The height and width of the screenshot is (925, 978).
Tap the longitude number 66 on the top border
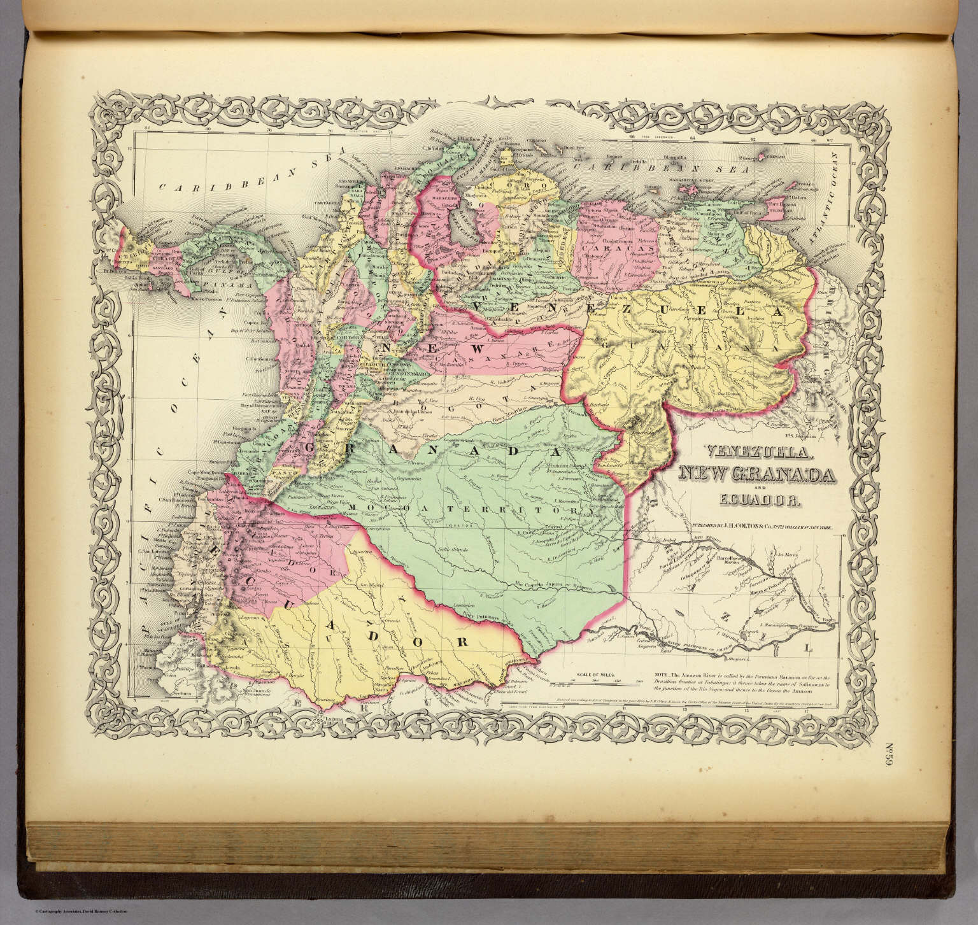(x=632, y=135)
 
